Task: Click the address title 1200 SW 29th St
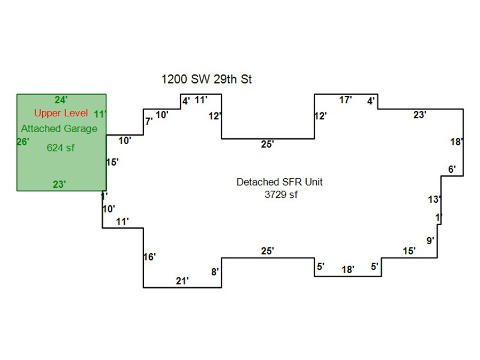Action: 206,79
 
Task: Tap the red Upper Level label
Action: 61,113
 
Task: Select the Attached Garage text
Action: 59,129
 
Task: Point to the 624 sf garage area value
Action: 60,148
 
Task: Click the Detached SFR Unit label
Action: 279,182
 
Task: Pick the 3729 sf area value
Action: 281,195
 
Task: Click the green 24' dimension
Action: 61,100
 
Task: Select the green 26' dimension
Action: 23,142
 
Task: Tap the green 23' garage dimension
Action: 59,185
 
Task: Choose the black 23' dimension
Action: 420,115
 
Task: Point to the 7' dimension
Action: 149,122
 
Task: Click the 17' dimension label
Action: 346,100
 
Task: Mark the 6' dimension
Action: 452,170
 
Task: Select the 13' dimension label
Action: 434,199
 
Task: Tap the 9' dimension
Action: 430,241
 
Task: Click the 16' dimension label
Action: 149,257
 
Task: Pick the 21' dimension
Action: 182,281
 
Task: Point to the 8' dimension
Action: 215,272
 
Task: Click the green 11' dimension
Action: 100,114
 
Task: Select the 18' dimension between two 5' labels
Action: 348,270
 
